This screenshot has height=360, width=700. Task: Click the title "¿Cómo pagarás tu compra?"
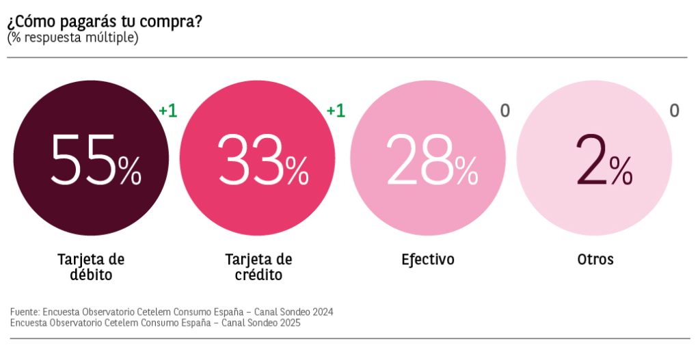(x=105, y=20)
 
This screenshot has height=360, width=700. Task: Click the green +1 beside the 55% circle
(x=167, y=111)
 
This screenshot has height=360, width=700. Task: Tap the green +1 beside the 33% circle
(x=335, y=111)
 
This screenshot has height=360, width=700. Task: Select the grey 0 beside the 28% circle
(x=505, y=111)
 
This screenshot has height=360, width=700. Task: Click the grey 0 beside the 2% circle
(x=674, y=111)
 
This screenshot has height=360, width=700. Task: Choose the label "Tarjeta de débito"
(x=91, y=267)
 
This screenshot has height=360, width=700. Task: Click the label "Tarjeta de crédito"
(x=258, y=267)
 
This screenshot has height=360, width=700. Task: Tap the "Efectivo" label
(x=427, y=260)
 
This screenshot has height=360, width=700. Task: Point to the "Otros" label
(x=595, y=260)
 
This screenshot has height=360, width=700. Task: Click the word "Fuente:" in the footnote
(x=25, y=312)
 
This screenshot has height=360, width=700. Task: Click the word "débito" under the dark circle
(x=91, y=275)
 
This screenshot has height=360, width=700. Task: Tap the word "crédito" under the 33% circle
(x=258, y=275)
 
